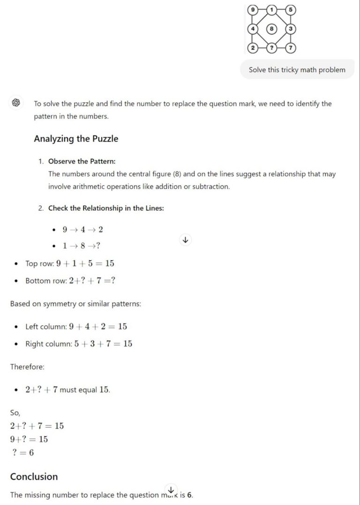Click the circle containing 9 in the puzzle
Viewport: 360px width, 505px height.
[253, 9]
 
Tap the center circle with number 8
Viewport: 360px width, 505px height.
[271, 29]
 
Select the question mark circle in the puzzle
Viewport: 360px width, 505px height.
[271, 48]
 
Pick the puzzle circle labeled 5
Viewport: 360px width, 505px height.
[291, 9]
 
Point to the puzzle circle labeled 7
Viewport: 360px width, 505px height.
[291, 48]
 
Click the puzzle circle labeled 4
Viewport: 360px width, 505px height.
[253, 29]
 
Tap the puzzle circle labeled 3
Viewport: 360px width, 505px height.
[291, 29]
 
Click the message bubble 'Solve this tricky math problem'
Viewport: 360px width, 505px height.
[297, 70]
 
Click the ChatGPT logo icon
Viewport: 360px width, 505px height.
[15, 103]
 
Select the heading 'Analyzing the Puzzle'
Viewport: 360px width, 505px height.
[76, 139]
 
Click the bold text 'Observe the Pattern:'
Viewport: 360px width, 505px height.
[82, 161]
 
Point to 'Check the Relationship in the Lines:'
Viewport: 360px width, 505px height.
[106, 208]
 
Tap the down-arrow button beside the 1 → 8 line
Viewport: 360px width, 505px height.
[185, 240]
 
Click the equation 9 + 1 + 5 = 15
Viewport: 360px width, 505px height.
[85, 264]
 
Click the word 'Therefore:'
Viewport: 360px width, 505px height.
[27, 367]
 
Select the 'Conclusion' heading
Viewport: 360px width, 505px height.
[34, 476]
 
